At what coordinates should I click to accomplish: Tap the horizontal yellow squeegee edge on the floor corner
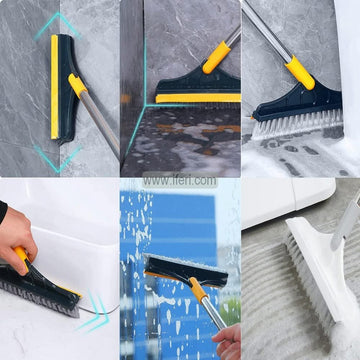click(x=195, y=98)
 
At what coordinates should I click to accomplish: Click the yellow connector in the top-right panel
click(x=296, y=71)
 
